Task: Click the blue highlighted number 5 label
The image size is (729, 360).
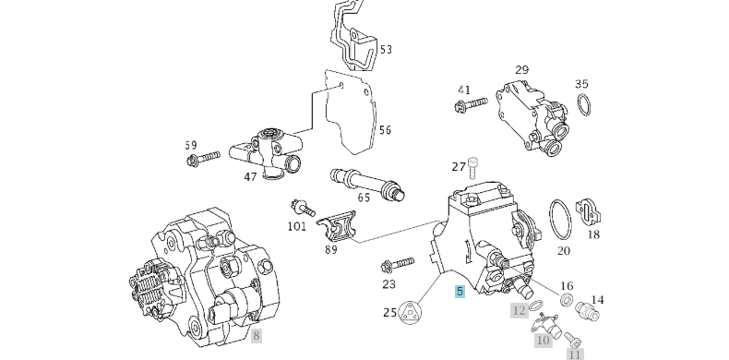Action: click(460, 292)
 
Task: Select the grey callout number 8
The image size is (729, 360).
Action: click(257, 335)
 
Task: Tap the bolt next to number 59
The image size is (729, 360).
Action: click(203, 158)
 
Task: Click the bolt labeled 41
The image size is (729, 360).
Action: click(470, 104)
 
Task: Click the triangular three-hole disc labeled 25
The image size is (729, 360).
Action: click(410, 313)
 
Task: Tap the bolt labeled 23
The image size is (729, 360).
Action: click(397, 264)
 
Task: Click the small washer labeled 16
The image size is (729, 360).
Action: click(567, 300)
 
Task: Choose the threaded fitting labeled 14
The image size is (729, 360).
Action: click(588, 311)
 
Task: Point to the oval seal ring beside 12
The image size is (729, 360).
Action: click(535, 306)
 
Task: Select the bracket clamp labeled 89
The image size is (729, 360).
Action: click(336, 226)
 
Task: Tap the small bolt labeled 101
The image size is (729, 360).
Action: click(302, 208)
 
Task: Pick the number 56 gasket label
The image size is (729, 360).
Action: click(385, 130)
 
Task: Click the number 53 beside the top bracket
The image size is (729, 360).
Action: click(386, 49)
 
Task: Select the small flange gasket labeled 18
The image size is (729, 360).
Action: click(588, 212)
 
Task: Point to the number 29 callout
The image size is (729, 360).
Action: click(521, 70)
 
